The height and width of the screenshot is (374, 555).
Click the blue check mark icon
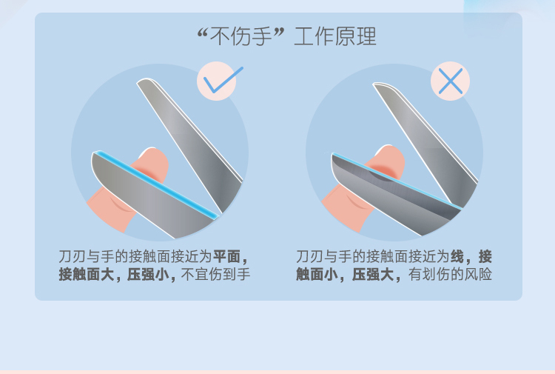pyautogui.click(x=222, y=80)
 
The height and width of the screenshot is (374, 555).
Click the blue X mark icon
pyautogui.click(x=450, y=81)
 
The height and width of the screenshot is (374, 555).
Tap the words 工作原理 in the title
pyautogui.click(x=334, y=36)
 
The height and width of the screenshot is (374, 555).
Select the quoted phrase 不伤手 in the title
pyautogui.click(x=240, y=36)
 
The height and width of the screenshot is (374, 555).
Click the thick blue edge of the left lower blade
pyautogui.click(x=155, y=183)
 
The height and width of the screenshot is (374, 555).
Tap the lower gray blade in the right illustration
pyautogui.click(x=393, y=195)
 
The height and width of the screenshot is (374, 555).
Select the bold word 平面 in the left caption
pyautogui.click(x=227, y=256)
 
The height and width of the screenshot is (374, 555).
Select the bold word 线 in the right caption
pyautogui.click(x=457, y=256)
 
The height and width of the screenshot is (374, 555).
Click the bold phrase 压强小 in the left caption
pyautogui.click(x=147, y=275)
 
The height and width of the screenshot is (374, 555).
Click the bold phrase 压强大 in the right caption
pyautogui.click(x=373, y=275)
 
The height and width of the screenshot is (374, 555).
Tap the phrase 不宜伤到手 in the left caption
pyautogui.click(x=215, y=275)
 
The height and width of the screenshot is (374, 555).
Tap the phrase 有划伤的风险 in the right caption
pyautogui.click(x=450, y=275)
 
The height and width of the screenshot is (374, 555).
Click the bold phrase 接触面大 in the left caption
pyautogui.click(x=87, y=275)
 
